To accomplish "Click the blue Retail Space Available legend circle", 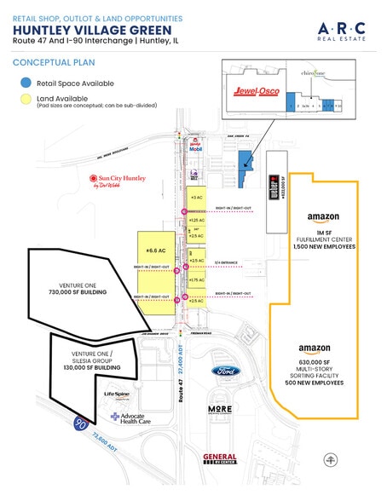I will [x=26, y=83].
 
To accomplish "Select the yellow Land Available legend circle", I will [x=26, y=99].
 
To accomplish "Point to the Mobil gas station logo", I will [x=195, y=146].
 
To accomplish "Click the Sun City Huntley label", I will [x=117, y=181].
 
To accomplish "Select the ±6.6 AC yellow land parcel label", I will [x=154, y=251].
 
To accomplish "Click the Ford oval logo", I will [x=225, y=371].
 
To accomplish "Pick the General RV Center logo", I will [x=220, y=459].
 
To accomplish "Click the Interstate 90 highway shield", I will [x=79, y=422].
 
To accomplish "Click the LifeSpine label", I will [x=117, y=394].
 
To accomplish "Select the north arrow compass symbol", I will [x=329, y=458].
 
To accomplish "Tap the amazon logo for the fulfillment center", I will [x=324, y=217].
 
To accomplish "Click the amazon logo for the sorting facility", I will [x=315, y=348].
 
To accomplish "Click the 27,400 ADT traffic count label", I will [x=193, y=358].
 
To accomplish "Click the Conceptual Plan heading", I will [x=53, y=62].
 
